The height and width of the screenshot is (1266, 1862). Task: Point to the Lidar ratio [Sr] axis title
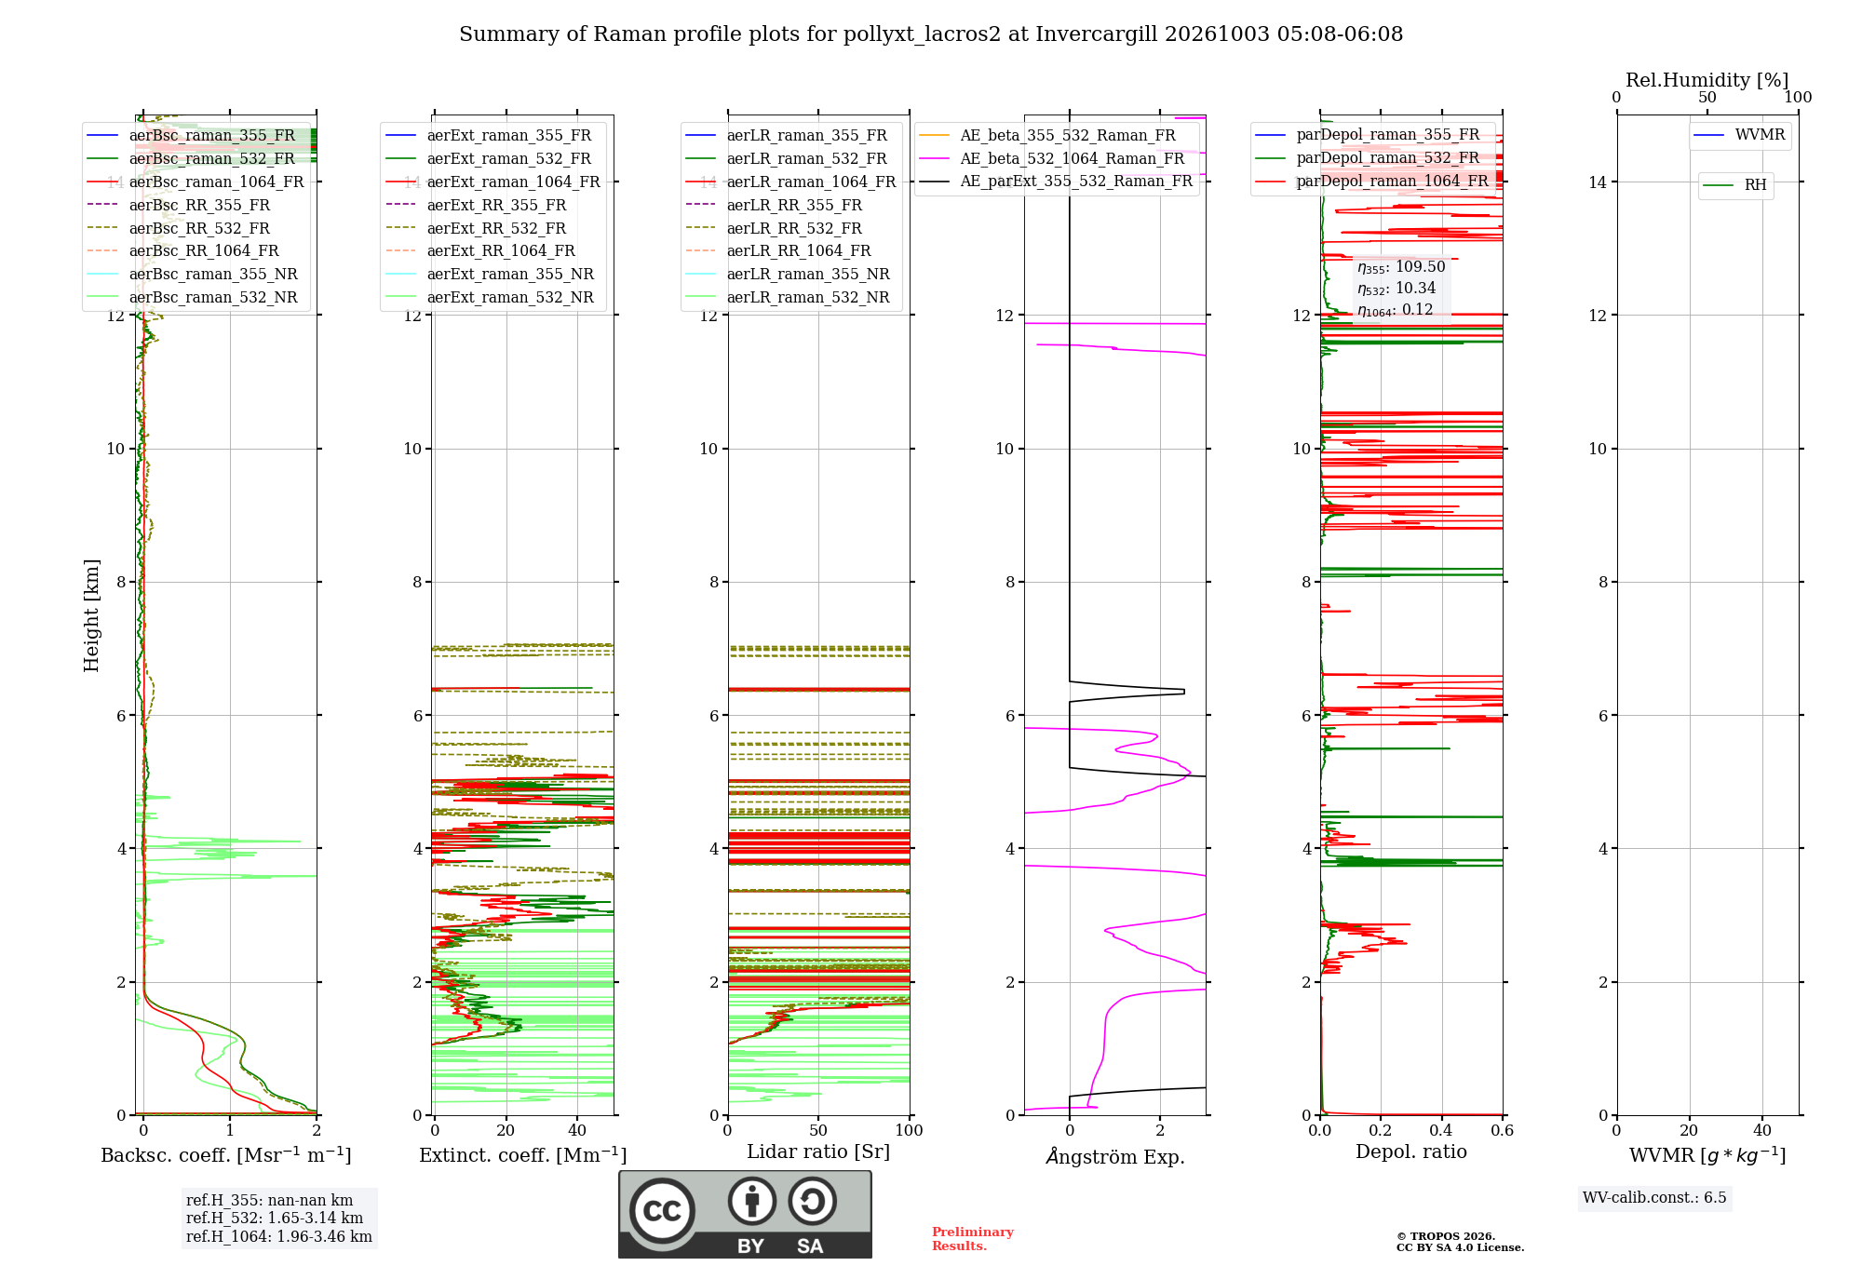click(x=818, y=1152)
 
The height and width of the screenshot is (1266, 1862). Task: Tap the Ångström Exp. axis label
click(x=1115, y=1156)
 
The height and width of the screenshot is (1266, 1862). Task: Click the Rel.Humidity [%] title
click(x=1707, y=80)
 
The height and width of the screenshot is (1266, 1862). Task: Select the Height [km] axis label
click(x=91, y=615)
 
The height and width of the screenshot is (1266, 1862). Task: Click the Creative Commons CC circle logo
click(x=663, y=1210)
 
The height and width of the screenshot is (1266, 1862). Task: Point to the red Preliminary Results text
click(x=973, y=1239)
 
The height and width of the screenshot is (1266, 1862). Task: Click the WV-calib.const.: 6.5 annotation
click(x=1654, y=1197)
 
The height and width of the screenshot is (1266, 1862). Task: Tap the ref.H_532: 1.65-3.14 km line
click(x=275, y=1218)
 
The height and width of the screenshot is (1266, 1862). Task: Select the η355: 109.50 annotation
click(x=1401, y=267)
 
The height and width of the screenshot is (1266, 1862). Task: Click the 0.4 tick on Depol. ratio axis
click(x=1441, y=1130)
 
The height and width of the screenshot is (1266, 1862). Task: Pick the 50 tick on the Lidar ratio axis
click(x=818, y=1130)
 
